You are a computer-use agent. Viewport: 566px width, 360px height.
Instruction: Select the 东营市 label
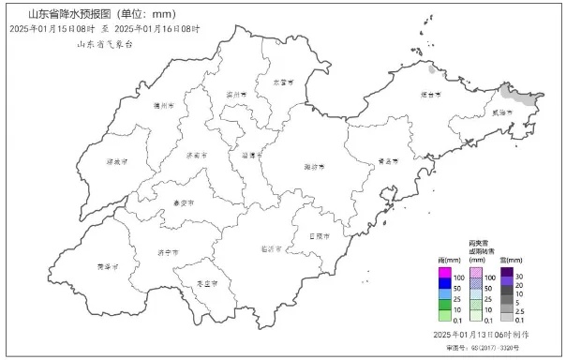282,82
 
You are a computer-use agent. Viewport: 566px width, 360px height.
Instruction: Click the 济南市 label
198,154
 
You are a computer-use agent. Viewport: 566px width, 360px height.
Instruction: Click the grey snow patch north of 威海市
518,93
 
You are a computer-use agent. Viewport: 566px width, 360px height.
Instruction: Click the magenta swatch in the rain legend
446,277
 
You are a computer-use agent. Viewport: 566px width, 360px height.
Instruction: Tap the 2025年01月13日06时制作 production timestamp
481,334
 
